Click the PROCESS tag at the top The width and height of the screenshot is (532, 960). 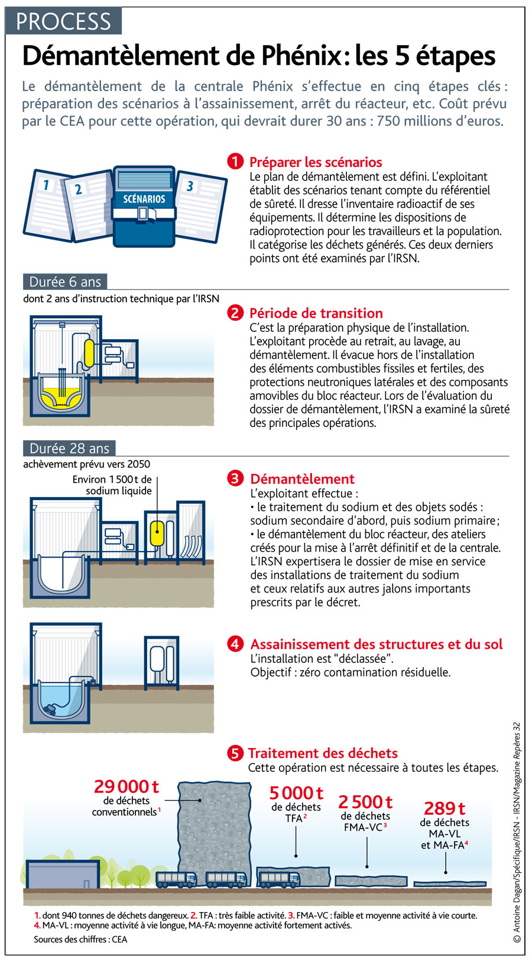(63, 21)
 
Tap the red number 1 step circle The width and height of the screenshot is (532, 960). (235, 162)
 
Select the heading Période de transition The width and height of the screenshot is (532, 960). (316, 313)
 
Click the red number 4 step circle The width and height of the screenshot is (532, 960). (235, 644)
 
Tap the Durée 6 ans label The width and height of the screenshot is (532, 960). (65, 282)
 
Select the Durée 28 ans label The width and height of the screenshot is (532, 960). (69, 448)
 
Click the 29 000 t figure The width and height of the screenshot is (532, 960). (126, 786)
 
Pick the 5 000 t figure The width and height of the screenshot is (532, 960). (296, 793)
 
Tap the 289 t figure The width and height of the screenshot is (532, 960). (445, 808)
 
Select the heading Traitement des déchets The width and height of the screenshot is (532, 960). (322, 753)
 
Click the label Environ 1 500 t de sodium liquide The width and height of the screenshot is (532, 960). (112, 485)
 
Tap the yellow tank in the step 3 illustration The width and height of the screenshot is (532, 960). (157, 533)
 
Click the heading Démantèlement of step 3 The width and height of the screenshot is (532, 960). (302, 479)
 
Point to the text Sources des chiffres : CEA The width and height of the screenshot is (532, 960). (80, 939)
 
